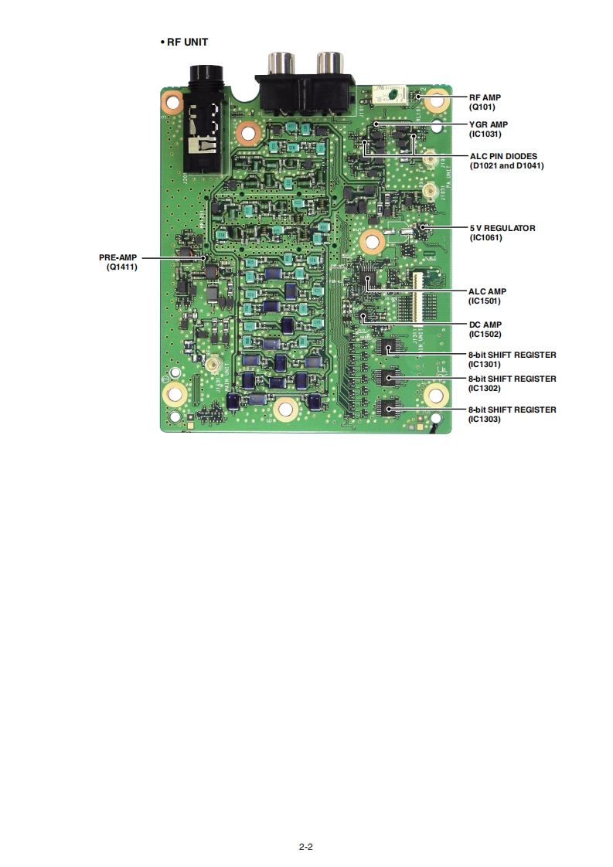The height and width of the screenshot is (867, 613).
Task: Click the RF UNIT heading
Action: [187, 42]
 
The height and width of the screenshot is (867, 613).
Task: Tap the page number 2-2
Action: [306, 846]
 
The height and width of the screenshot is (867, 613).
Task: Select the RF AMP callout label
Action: [485, 98]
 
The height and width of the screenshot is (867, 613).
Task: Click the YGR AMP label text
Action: [489, 124]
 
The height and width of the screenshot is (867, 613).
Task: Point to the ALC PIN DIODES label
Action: [503, 156]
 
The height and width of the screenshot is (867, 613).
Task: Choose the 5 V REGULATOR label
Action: [502, 228]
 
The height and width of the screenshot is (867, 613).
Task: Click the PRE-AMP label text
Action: [117, 257]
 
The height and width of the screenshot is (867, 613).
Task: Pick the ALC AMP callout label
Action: [488, 291]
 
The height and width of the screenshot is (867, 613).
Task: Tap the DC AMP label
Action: [485, 325]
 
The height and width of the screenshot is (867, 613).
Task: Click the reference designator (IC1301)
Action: [485, 364]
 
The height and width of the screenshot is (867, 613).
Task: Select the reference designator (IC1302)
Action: [485, 388]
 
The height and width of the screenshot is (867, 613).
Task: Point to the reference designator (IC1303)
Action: [485, 419]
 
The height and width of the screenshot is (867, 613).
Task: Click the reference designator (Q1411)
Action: [122, 267]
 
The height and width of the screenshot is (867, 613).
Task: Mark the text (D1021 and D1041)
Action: [506, 165]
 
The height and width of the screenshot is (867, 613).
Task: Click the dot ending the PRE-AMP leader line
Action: [204, 257]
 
